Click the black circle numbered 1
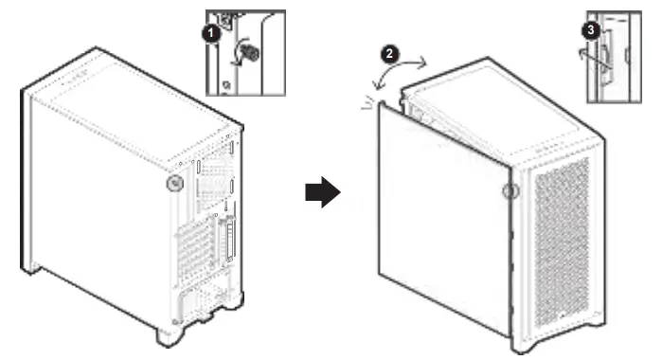coord(211,33)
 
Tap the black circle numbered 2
coord(389,54)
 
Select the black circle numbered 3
coord(591,30)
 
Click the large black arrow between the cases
coord(323,192)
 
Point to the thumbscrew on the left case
coord(175,184)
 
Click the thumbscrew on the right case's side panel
coord(510,191)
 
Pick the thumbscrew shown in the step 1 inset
coord(252,53)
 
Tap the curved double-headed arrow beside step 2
coord(399,72)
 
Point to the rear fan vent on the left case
coord(215,182)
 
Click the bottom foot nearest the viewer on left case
coord(169,336)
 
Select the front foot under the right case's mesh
coord(526,346)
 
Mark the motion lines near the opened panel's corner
coord(367,103)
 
